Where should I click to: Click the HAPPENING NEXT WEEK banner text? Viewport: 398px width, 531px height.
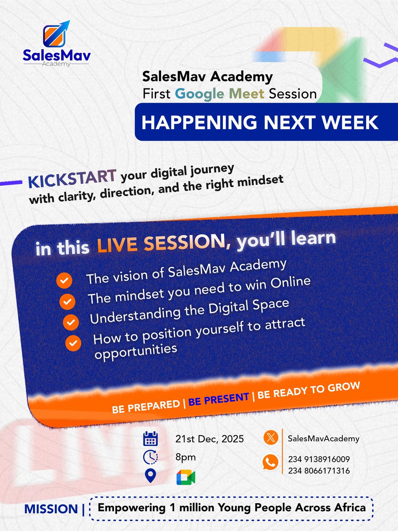coord(260,122)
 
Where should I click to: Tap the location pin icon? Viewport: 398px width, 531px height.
coord(151,476)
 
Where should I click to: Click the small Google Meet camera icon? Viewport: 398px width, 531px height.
coord(186,477)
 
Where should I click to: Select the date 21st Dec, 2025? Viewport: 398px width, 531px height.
coord(210,439)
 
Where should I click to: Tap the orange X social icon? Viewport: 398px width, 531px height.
coord(270,439)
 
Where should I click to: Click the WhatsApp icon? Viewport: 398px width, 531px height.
coord(270,463)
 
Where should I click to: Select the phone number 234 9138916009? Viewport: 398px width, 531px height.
coord(318,459)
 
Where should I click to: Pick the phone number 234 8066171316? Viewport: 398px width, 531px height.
coord(318,471)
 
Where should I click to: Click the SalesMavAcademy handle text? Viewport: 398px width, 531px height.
coord(323,439)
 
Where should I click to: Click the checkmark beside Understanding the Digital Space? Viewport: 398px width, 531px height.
coord(71,322)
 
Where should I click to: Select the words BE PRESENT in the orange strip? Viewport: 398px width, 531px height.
coord(218,399)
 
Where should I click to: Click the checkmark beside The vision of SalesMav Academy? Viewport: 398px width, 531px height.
coord(65,281)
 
